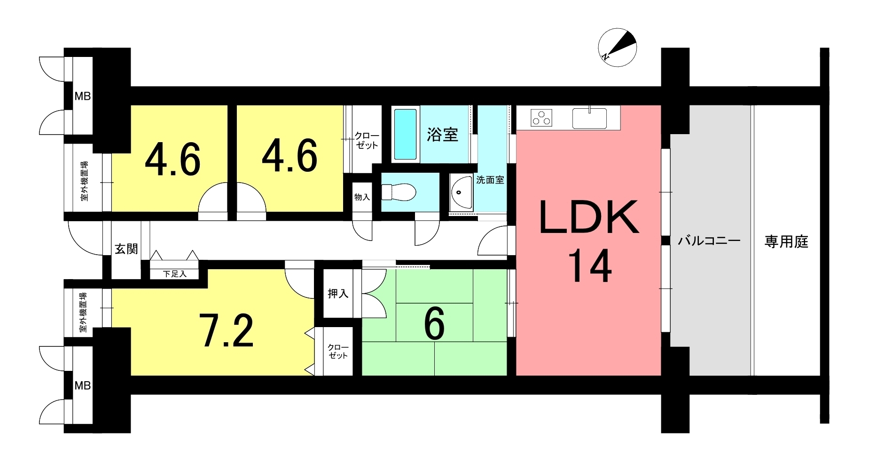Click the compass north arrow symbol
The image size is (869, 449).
point(617,48)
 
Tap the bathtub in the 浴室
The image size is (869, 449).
point(405,134)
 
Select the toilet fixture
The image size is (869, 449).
point(399,192)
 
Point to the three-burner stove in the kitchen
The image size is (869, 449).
point(541,118)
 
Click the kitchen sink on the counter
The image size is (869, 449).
point(589,117)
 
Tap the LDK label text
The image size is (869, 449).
point(588,217)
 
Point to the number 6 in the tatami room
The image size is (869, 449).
point(434,325)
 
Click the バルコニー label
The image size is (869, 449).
point(709,241)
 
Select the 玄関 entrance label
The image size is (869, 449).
point(126,249)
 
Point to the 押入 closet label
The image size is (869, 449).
point(338,294)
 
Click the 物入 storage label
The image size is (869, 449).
point(362,197)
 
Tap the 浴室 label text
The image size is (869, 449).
point(442,135)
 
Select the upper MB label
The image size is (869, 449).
point(83,96)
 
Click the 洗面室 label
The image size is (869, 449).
point(490,180)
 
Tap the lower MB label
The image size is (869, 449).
point(83,385)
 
